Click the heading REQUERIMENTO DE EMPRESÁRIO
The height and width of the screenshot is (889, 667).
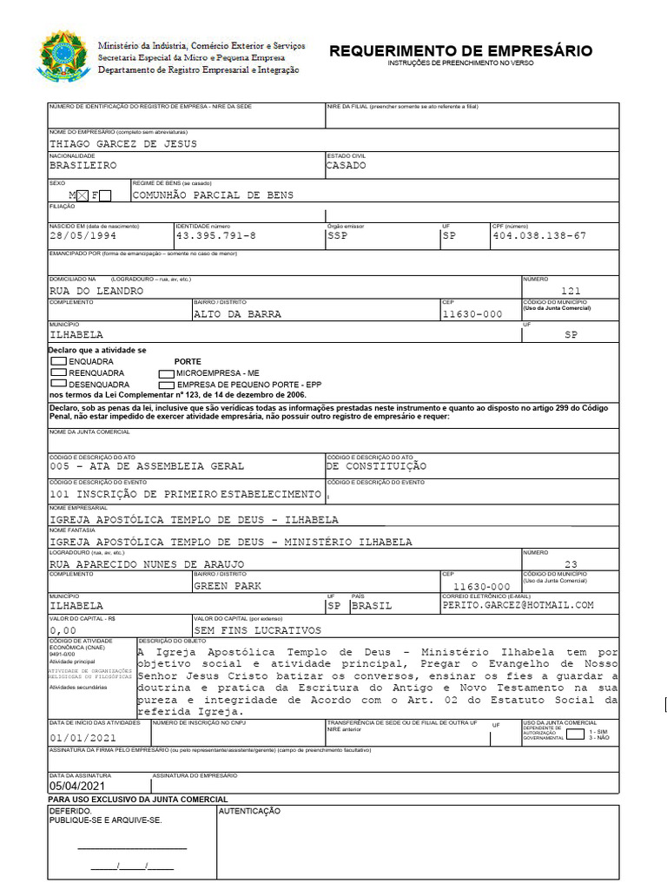[x=460, y=51]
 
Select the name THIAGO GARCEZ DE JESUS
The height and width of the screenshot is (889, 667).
[x=123, y=143]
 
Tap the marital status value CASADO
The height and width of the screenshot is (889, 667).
[x=346, y=165]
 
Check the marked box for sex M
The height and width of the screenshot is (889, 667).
[x=83, y=195]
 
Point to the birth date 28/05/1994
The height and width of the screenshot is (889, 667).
[x=83, y=235]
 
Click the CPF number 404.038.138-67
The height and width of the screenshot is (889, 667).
[x=539, y=235]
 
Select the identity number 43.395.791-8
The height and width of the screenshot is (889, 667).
[x=216, y=235]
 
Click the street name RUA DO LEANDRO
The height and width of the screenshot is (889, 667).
[x=96, y=291]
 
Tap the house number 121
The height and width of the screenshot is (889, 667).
[x=571, y=291]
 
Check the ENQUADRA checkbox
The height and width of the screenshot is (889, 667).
[x=58, y=360]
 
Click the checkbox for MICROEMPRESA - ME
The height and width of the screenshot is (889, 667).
[x=166, y=372]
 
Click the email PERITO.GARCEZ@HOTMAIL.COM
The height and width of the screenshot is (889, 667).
[x=518, y=605]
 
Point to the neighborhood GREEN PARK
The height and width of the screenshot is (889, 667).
[x=228, y=585]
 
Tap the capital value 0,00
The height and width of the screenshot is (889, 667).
[x=63, y=630]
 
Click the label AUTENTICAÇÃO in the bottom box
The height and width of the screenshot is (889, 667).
[x=249, y=810]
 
